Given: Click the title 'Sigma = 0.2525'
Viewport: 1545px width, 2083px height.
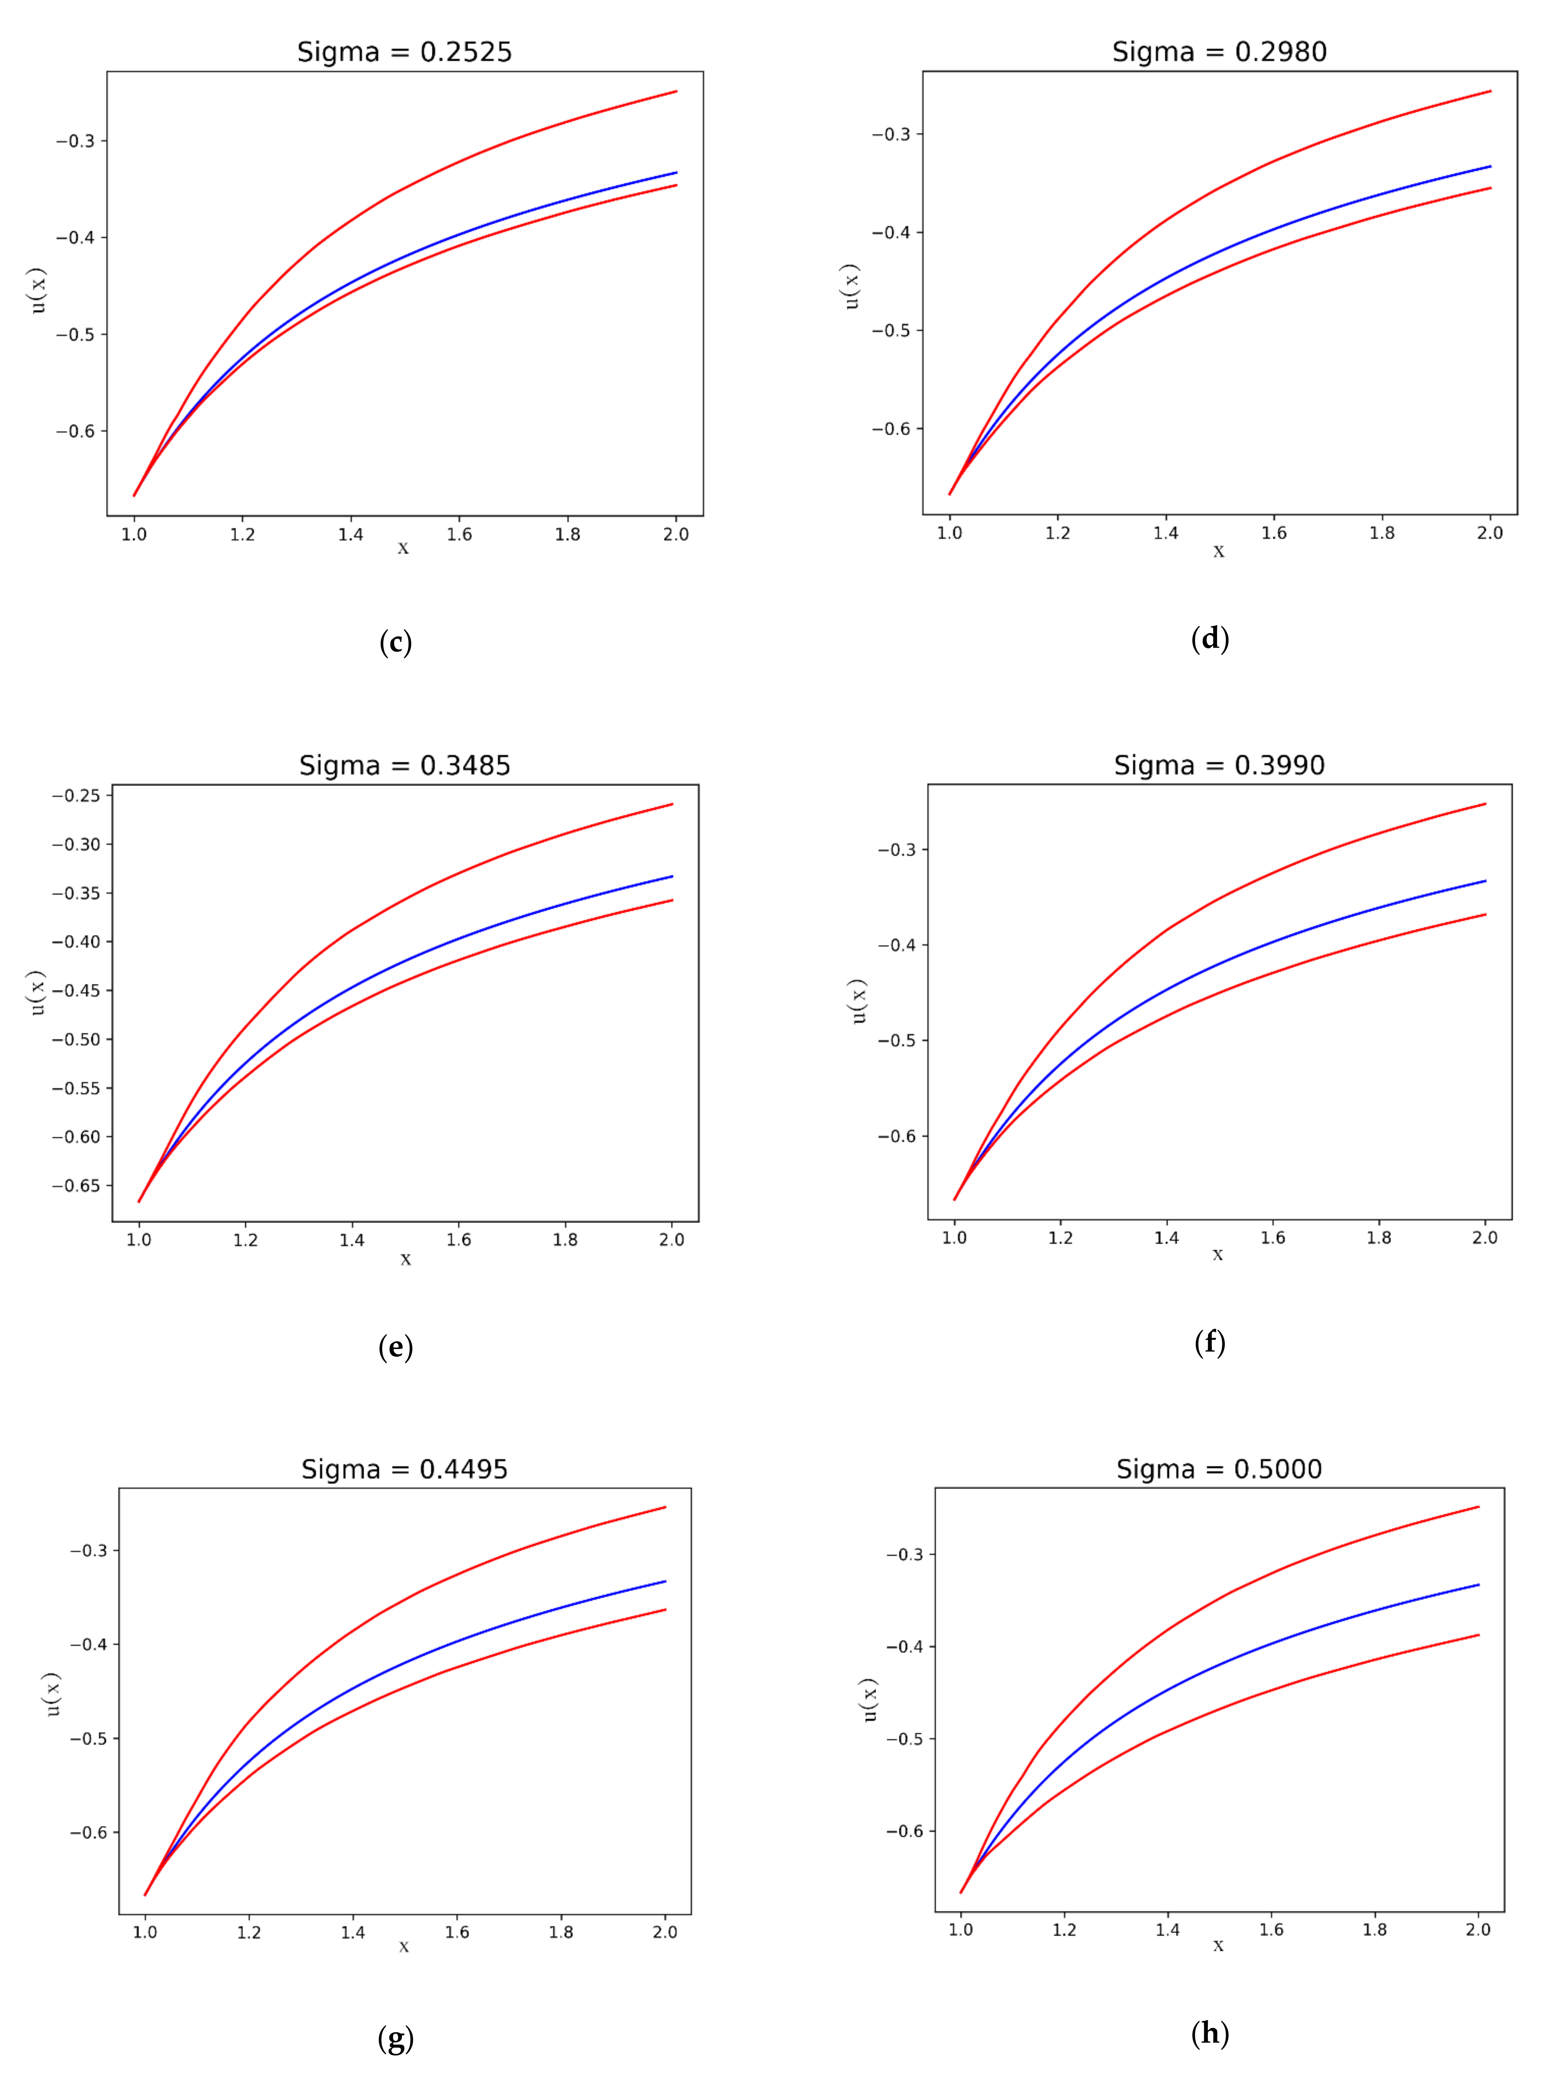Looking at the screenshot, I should tap(404, 52).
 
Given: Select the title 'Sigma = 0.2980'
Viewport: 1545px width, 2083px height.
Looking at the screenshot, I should tap(1219, 52).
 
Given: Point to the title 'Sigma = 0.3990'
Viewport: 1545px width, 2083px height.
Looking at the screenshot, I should tap(1219, 766).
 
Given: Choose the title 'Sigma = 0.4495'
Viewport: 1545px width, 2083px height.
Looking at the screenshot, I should tap(404, 1469).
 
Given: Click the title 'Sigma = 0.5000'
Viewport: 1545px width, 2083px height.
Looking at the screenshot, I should tap(1219, 1469).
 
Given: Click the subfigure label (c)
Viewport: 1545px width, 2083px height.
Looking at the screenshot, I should tap(396, 643).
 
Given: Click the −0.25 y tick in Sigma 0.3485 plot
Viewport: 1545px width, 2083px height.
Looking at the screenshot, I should tap(76, 796).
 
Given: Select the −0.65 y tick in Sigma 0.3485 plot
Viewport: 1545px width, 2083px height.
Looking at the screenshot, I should tap(76, 1186).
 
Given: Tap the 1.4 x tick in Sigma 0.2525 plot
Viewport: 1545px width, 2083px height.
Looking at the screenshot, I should tap(351, 535).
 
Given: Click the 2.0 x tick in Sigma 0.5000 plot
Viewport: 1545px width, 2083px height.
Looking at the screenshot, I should tap(1478, 1929).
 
